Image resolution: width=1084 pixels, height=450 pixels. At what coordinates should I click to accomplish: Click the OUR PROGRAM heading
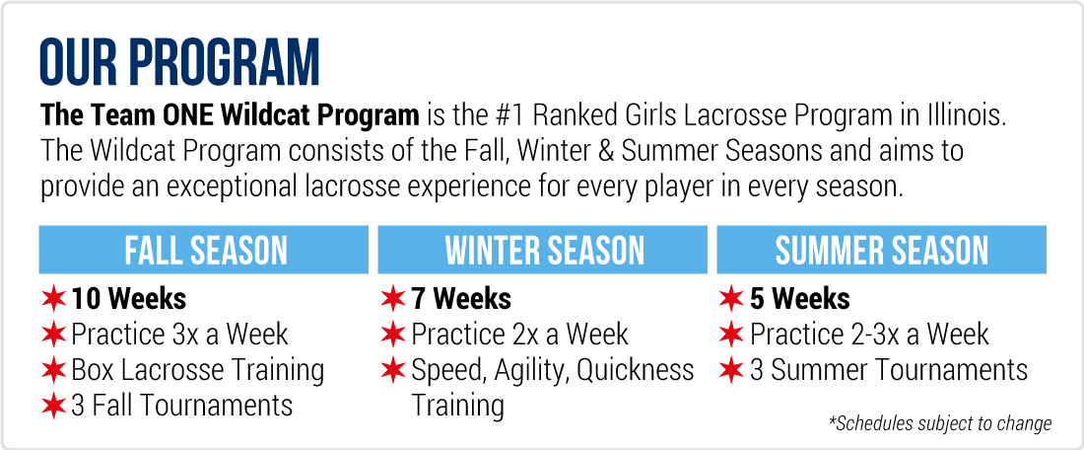tap(179, 64)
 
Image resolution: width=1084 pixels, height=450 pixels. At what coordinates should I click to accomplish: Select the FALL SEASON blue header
tap(204, 250)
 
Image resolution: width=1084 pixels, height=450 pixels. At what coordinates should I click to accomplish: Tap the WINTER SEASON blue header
tap(543, 250)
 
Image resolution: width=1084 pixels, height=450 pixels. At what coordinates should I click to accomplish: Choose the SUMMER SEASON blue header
tap(881, 250)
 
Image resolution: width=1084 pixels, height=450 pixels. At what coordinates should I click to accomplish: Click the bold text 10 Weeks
tap(128, 299)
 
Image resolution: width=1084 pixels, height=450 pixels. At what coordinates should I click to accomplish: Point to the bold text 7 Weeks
tap(461, 299)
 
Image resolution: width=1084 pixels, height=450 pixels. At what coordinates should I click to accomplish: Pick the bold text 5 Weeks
tap(800, 299)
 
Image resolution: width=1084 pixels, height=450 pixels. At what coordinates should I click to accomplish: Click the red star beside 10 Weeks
tap(53, 300)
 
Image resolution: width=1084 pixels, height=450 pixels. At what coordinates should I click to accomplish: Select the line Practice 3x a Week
tap(179, 335)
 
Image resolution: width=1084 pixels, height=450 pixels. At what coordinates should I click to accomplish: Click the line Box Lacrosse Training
tap(198, 371)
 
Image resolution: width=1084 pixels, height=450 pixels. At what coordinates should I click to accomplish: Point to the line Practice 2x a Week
tap(520, 335)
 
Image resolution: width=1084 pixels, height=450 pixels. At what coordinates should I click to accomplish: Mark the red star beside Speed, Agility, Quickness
tap(392, 370)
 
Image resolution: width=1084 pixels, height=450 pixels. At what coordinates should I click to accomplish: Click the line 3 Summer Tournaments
tap(889, 370)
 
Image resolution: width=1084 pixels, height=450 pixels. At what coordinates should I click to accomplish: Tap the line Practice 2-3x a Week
tap(870, 335)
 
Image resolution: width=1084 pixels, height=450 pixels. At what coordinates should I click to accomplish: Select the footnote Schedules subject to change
tap(940, 423)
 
